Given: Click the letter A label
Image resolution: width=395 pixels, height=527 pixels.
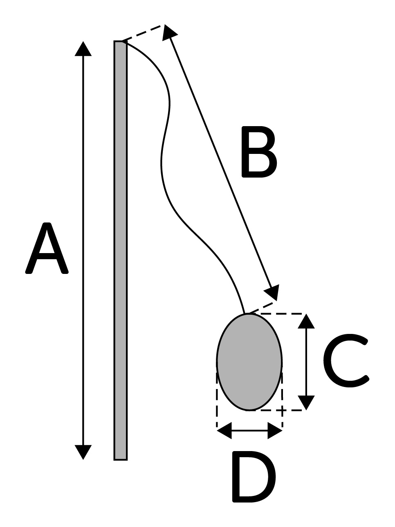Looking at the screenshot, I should [x=47, y=249].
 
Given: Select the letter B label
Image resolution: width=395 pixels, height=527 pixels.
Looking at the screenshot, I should [x=259, y=152].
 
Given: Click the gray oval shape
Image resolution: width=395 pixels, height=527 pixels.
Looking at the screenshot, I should [x=249, y=362].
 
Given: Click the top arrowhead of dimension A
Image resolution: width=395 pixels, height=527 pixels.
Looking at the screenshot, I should [x=83, y=49].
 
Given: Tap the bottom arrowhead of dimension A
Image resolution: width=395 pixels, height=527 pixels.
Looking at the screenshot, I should [x=83, y=452].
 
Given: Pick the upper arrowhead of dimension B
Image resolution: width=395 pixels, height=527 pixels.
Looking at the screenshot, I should [x=168, y=32].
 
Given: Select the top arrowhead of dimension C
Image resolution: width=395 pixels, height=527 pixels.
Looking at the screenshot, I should [x=306, y=321].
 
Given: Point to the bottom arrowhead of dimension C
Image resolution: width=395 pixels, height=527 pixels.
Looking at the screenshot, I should [x=306, y=402].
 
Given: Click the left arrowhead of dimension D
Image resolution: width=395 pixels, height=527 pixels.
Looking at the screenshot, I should [x=224, y=431].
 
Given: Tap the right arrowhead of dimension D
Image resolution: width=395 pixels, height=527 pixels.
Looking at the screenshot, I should [x=275, y=431].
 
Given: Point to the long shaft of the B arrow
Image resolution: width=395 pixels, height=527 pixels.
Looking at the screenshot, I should [x=221, y=163].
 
